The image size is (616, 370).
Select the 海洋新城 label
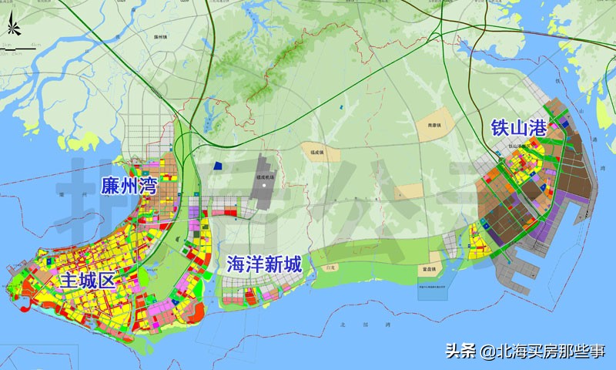click(263, 264)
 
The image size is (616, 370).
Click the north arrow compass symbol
click(12, 29)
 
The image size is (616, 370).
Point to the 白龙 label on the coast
click(332, 266)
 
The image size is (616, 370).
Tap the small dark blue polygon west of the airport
click(218, 164)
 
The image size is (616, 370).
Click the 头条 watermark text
click(461, 351)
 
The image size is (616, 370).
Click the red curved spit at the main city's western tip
click(17, 290)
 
